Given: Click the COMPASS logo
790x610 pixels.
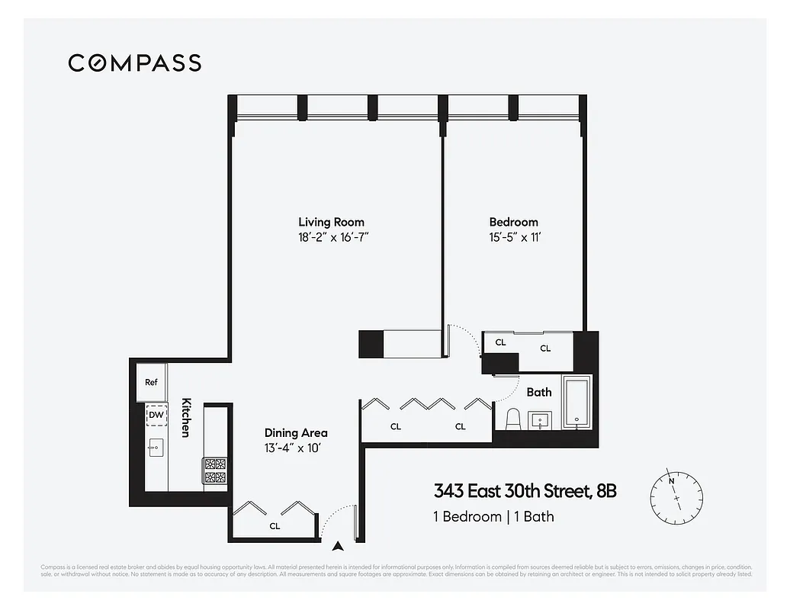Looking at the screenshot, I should (x=134, y=63).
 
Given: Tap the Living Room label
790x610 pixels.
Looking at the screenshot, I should (x=333, y=222).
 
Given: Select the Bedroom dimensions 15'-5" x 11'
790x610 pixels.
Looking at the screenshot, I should (x=514, y=237).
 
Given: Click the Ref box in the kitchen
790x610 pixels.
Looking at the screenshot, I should (x=151, y=382).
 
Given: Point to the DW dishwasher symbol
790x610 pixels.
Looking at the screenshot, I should (x=156, y=415).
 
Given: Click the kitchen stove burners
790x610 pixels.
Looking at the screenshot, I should (x=214, y=471).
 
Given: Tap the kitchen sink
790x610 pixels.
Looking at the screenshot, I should (x=156, y=447).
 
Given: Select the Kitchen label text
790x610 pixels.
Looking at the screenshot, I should (x=185, y=417).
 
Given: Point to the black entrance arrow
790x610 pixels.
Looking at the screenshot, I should (x=338, y=544).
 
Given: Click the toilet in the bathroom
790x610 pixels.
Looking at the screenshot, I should (x=513, y=419).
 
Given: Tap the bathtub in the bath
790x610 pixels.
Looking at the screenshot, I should (x=576, y=401).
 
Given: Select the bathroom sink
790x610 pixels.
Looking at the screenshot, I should (x=542, y=419).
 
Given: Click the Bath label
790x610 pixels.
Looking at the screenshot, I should (x=539, y=392).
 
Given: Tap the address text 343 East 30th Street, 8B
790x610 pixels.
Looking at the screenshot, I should (x=525, y=490).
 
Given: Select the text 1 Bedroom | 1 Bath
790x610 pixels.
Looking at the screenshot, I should (x=493, y=516).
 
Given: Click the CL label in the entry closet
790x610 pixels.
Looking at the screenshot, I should (x=275, y=525).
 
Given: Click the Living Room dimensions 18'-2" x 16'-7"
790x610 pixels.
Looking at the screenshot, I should (x=333, y=237).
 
